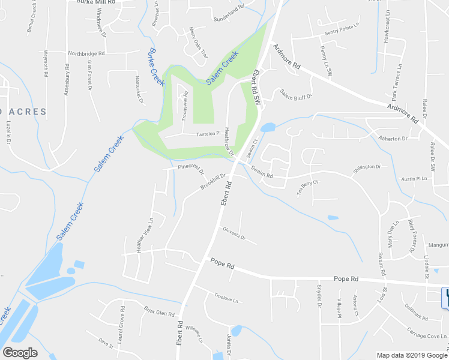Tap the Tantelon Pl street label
209,134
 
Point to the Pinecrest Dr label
191,169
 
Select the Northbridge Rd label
86,53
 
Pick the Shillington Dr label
367,166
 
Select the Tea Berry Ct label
306,187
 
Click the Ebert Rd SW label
258,88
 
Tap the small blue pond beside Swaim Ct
268,127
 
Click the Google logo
20,353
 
